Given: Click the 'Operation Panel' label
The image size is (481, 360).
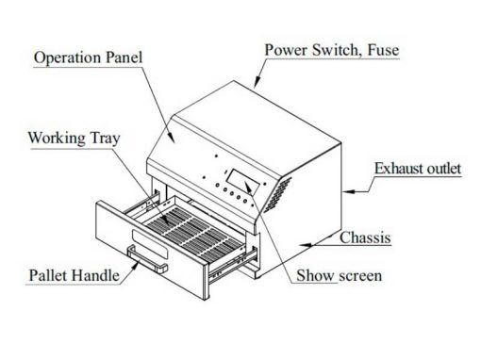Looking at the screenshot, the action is [88, 57].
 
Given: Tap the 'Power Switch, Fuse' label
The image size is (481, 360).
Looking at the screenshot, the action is [332, 50].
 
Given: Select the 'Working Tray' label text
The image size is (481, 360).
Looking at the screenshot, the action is [75, 139].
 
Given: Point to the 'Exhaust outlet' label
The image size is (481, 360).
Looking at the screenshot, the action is [418, 169].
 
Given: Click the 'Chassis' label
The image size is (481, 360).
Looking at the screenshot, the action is [365, 237].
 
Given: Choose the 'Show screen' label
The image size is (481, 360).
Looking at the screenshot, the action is [340, 275].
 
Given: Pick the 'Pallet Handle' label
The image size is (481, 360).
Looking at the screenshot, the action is [75, 275].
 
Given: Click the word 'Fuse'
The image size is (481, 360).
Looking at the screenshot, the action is [383, 50].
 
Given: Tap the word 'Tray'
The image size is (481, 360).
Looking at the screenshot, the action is [106, 139].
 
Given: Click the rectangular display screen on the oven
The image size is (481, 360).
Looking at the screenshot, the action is [243, 182].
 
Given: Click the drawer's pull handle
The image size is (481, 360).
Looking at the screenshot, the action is [147, 259].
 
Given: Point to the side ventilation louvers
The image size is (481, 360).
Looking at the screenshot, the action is [277, 194].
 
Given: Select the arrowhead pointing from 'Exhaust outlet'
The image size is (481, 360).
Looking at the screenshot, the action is [350, 191].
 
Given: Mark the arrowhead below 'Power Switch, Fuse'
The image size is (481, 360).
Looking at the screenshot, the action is [257, 82].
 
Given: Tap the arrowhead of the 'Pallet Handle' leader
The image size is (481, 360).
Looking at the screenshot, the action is [135, 266].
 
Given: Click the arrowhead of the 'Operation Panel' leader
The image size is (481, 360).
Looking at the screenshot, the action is [172, 138].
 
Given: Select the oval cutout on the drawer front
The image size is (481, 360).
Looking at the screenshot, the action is [150, 243].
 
